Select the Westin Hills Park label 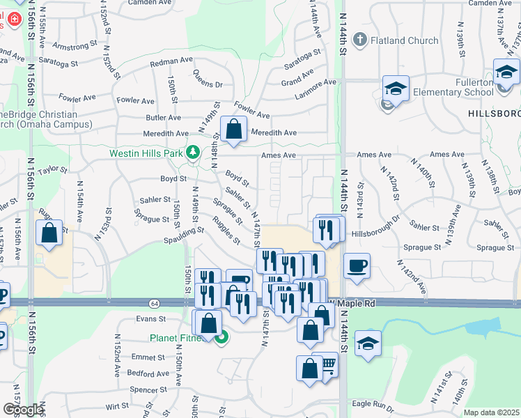tap(145, 153)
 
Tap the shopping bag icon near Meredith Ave tap(234, 129)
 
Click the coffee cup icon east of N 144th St tap(357, 266)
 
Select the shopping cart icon tap(327, 364)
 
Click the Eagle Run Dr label tap(373, 403)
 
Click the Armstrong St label tap(75, 47)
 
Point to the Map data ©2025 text tap(491, 412)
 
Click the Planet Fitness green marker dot tap(222, 339)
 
